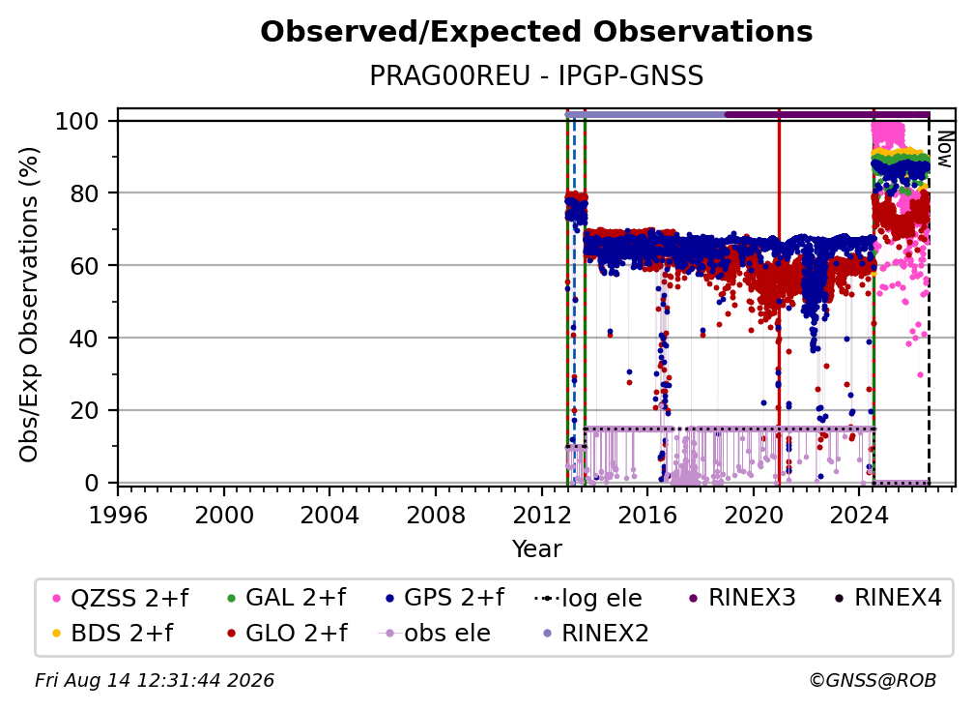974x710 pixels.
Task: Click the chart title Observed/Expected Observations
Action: [536, 32]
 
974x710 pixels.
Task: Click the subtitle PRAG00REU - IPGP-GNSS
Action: [536, 76]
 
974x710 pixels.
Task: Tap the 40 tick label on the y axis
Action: [84, 339]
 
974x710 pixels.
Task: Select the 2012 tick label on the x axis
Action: [542, 515]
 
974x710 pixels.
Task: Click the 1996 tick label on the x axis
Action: [118, 515]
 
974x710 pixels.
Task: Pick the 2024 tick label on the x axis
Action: [860, 515]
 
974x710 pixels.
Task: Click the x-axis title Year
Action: [536, 549]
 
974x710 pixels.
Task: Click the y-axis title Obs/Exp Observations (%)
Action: [29, 305]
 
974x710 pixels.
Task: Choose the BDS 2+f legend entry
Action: [113, 634]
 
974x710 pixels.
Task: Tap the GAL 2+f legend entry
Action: [286, 598]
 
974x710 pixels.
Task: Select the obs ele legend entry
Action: [434, 634]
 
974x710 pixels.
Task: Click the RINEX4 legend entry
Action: [888, 598]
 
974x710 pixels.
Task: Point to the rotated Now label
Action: [944, 149]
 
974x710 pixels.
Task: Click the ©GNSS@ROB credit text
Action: [873, 681]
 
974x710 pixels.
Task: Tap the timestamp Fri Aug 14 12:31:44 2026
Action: [154, 681]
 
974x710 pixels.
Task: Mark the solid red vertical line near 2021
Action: [779, 302]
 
